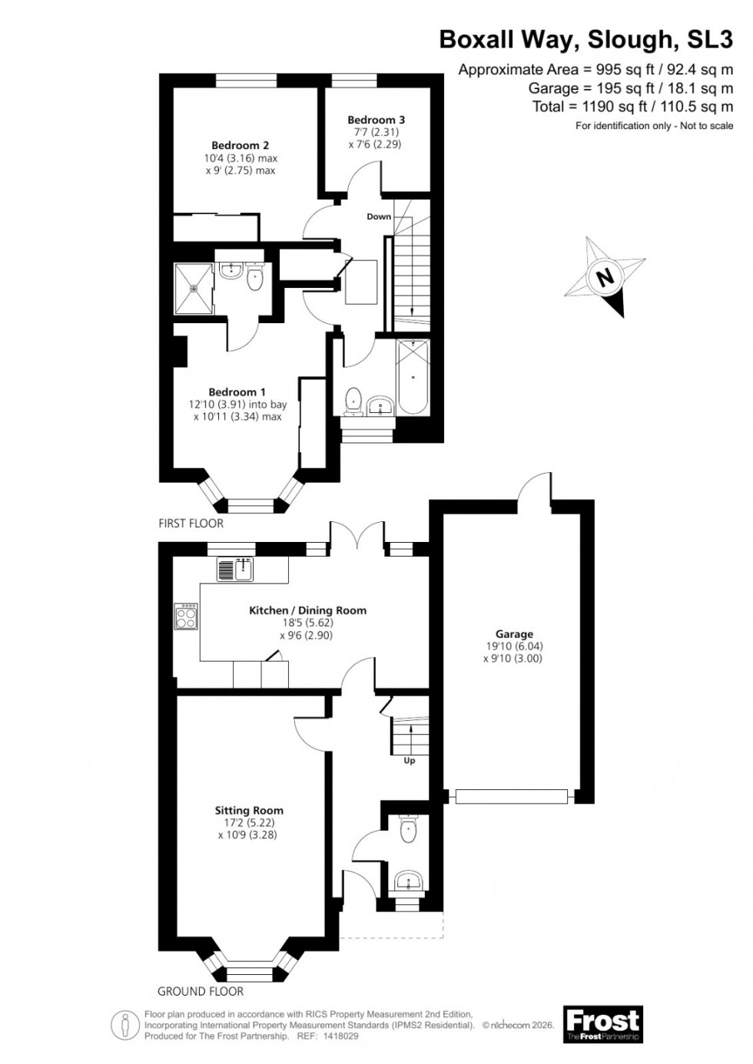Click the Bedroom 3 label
point(376,120)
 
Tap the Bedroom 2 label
point(240,145)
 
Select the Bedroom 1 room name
point(237,392)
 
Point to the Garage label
point(514,634)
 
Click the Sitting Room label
point(248,810)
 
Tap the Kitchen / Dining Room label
point(307,610)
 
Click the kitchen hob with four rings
point(187,617)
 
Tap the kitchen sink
point(236,569)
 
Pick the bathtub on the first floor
point(413,378)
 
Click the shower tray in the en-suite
point(194,289)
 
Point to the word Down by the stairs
point(379,216)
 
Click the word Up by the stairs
point(410,761)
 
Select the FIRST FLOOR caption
point(191,524)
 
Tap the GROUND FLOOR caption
point(201,991)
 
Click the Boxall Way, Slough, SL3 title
point(586,39)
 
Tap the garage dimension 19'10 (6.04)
point(514,646)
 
